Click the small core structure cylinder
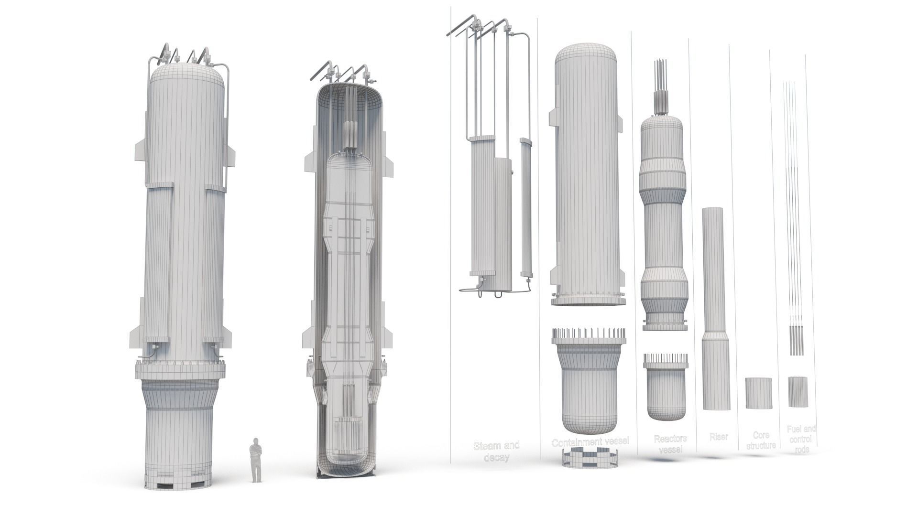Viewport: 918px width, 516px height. click(x=759, y=393)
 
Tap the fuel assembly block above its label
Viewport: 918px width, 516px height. click(x=798, y=392)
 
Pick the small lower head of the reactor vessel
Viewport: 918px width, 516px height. click(x=666, y=389)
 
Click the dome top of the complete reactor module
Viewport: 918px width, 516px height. click(x=187, y=76)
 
